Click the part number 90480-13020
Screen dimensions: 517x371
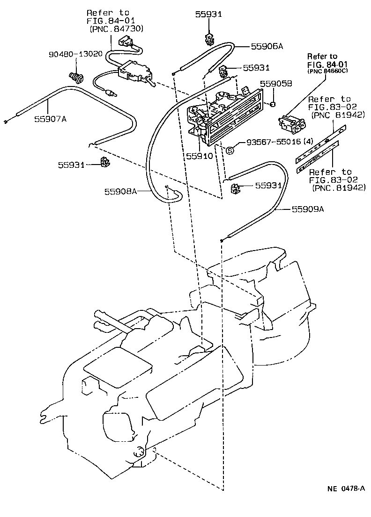coord(74,54)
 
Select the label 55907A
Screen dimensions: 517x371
coord(50,119)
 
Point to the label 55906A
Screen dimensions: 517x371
coord(267,46)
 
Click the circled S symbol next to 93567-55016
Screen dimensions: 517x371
coord(230,150)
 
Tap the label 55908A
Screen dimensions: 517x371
coord(120,191)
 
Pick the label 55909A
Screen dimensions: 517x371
coord(308,209)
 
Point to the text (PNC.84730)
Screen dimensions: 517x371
coord(116,29)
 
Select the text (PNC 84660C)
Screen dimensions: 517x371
coord(328,72)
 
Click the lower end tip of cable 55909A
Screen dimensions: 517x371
coord(221,241)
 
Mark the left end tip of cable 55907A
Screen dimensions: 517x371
coord(4,122)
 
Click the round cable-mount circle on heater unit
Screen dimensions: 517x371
coord(139,452)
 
